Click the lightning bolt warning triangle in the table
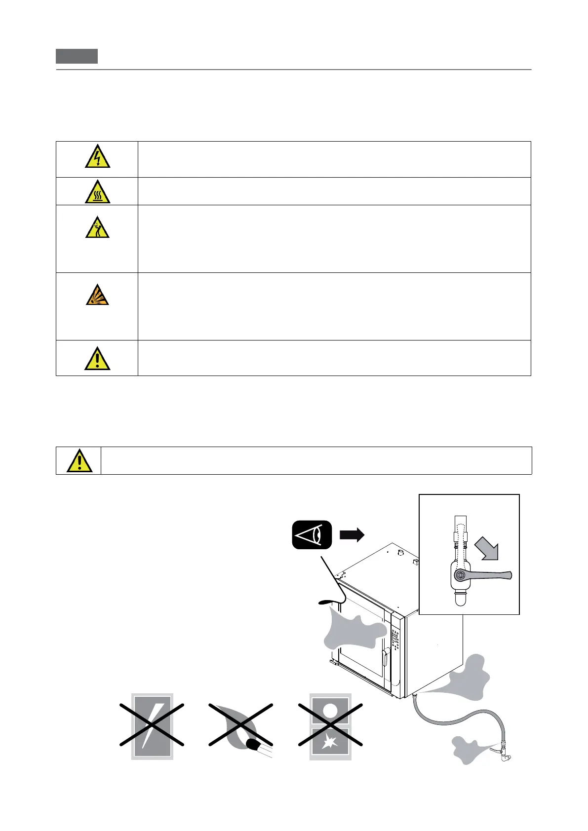[97, 156]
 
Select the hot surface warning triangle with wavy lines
[97, 192]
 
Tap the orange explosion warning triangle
[97, 295]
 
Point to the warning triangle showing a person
[97, 228]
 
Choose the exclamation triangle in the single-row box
[79, 461]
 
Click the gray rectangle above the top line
[77, 56]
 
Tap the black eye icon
[312, 535]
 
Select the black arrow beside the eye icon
[352, 534]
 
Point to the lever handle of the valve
[489, 574]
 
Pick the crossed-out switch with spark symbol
[330, 725]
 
